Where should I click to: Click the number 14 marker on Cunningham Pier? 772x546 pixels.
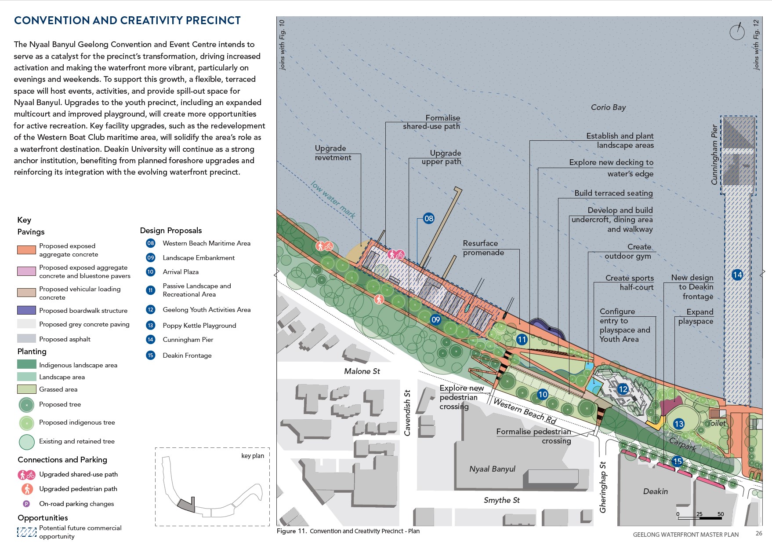tap(737, 275)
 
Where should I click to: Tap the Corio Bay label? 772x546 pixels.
tap(608, 107)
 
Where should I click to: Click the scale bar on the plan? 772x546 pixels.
tap(700, 518)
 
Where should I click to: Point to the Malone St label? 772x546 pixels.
tap(362, 371)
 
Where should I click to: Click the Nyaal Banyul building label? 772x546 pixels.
tap(492, 469)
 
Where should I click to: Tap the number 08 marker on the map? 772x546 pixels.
tap(429, 218)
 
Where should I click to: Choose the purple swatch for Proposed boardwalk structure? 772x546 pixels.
tap(26, 310)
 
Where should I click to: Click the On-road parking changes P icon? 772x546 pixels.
tap(26, 504)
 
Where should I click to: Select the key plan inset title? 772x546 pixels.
tap(253, 456)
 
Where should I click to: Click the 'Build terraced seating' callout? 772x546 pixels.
tap(613, 193)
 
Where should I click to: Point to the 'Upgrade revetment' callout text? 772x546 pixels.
tap(333, 153)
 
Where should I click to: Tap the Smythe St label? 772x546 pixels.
tap(501, 500)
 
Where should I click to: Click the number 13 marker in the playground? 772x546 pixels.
tap(679, 424)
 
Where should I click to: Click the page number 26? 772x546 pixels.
tap(759, 533)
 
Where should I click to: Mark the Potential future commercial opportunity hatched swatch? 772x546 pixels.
tap(26, 532)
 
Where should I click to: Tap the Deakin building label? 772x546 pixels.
tap(655, 491)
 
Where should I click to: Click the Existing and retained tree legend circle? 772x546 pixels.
tap(26, 442)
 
